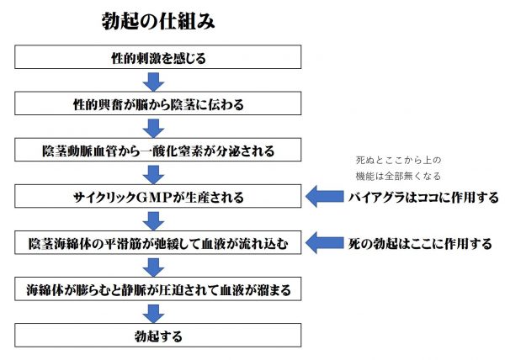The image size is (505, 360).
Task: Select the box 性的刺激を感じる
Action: click(x=159, y=58)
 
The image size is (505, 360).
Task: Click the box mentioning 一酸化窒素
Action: click(x=159, y=151)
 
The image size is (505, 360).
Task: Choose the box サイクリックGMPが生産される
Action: click(x=159, y=198)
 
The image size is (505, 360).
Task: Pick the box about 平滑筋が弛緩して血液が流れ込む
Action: click(x=159, y=244)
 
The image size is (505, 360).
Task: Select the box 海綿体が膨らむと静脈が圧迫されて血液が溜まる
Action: click(x=159, y=290)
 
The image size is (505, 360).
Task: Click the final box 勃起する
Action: click(x=159, y=336)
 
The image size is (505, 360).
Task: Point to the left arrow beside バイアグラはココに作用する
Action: click(x=326, y=198)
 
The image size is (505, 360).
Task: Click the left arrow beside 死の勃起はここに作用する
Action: click(x=326, y=244)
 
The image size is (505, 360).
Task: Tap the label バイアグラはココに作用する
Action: click(x=423, y=199)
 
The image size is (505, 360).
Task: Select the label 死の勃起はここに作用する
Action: click(x=421, y=245)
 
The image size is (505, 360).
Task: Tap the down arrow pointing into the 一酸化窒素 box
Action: click(x=153, y=128)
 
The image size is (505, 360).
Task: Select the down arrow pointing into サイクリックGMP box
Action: click(x=153, y=174)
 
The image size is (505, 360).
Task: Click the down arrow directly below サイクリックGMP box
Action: click(x=153, y=220)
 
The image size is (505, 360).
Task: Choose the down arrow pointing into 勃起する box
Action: click(x=153, y=313)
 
